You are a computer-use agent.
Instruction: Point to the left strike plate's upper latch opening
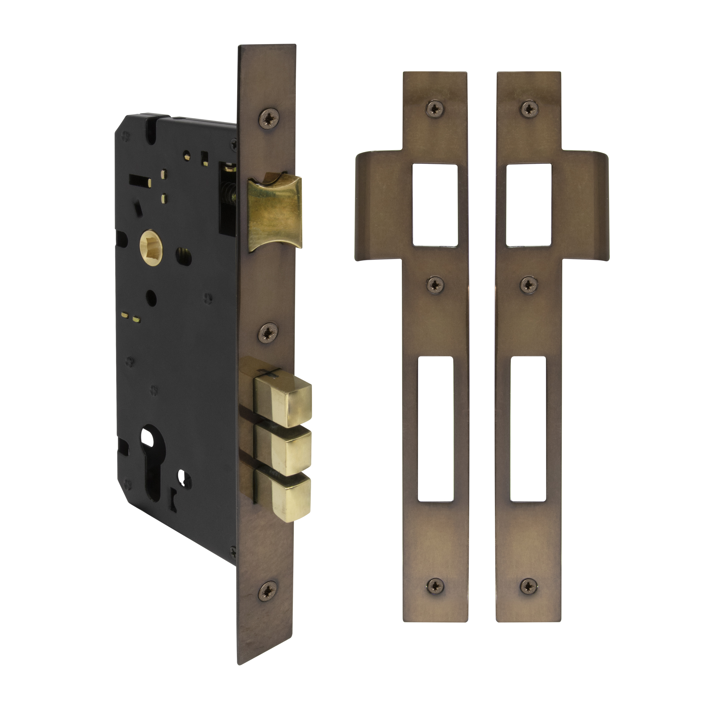435,204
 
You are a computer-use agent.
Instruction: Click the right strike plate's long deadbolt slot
528,428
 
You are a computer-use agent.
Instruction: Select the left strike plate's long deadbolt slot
435,428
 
